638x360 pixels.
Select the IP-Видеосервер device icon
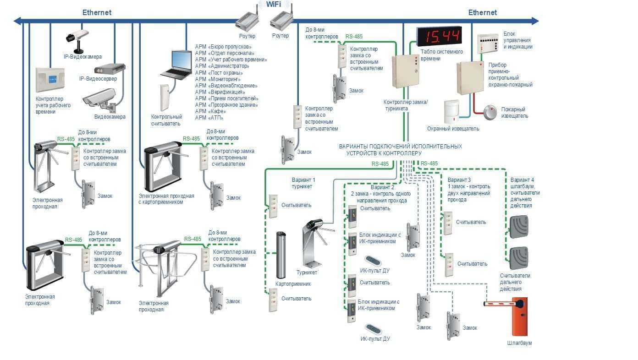[x=109, y=69]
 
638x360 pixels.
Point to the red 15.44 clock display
[x=439, y=36]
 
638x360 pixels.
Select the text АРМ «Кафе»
[x=210, y=111]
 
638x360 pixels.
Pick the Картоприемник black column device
[x=281, y=255]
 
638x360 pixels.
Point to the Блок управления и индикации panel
[x=488, y=44]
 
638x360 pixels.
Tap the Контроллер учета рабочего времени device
[x=50, y=80]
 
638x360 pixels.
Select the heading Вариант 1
[x=303, y=180]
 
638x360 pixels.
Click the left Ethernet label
[x=97, y=13]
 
